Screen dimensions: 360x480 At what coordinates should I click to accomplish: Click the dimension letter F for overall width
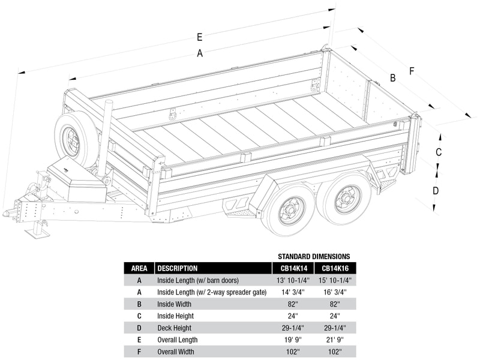pyautogui.click(x=412, y=71)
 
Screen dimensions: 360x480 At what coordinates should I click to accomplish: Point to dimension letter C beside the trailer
pyautogui.click(x=439, y=151)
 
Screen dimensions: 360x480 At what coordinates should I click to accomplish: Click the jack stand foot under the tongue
pyautogui.click(x=37, y=232)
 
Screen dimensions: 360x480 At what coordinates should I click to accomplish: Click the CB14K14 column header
pyautogui.click(x=292, y=268)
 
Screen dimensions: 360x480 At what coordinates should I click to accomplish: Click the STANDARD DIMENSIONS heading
pyautogui.click(x=313, y=256)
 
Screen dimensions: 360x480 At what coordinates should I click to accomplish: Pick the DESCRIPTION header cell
pyautogui.click(x=177, y=268)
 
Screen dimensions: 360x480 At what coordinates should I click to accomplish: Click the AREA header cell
pyautogui.click(x=139, y=268)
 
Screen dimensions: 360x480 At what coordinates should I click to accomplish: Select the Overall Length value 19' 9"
pyautogui.click(x=292, y=340)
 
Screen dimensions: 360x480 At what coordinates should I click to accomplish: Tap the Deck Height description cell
pyautogui.click(x=175, y=328)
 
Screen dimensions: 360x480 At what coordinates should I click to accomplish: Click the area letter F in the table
pyautogui.click(x=139, y=352)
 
